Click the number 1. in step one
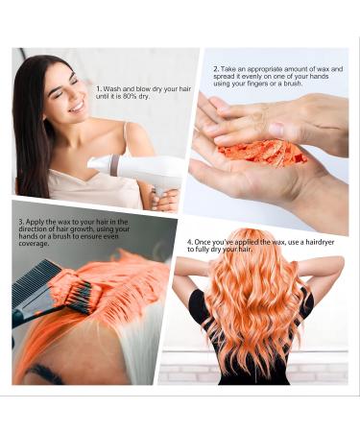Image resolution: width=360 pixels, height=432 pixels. (x=99, y=88)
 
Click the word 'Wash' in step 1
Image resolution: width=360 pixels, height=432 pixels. (x=114, y=88)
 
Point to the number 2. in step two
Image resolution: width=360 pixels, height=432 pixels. (x=215, y=69)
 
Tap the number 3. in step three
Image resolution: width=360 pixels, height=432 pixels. (x=20, y=222)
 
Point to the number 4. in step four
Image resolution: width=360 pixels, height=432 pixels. (x=190, y=241)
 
